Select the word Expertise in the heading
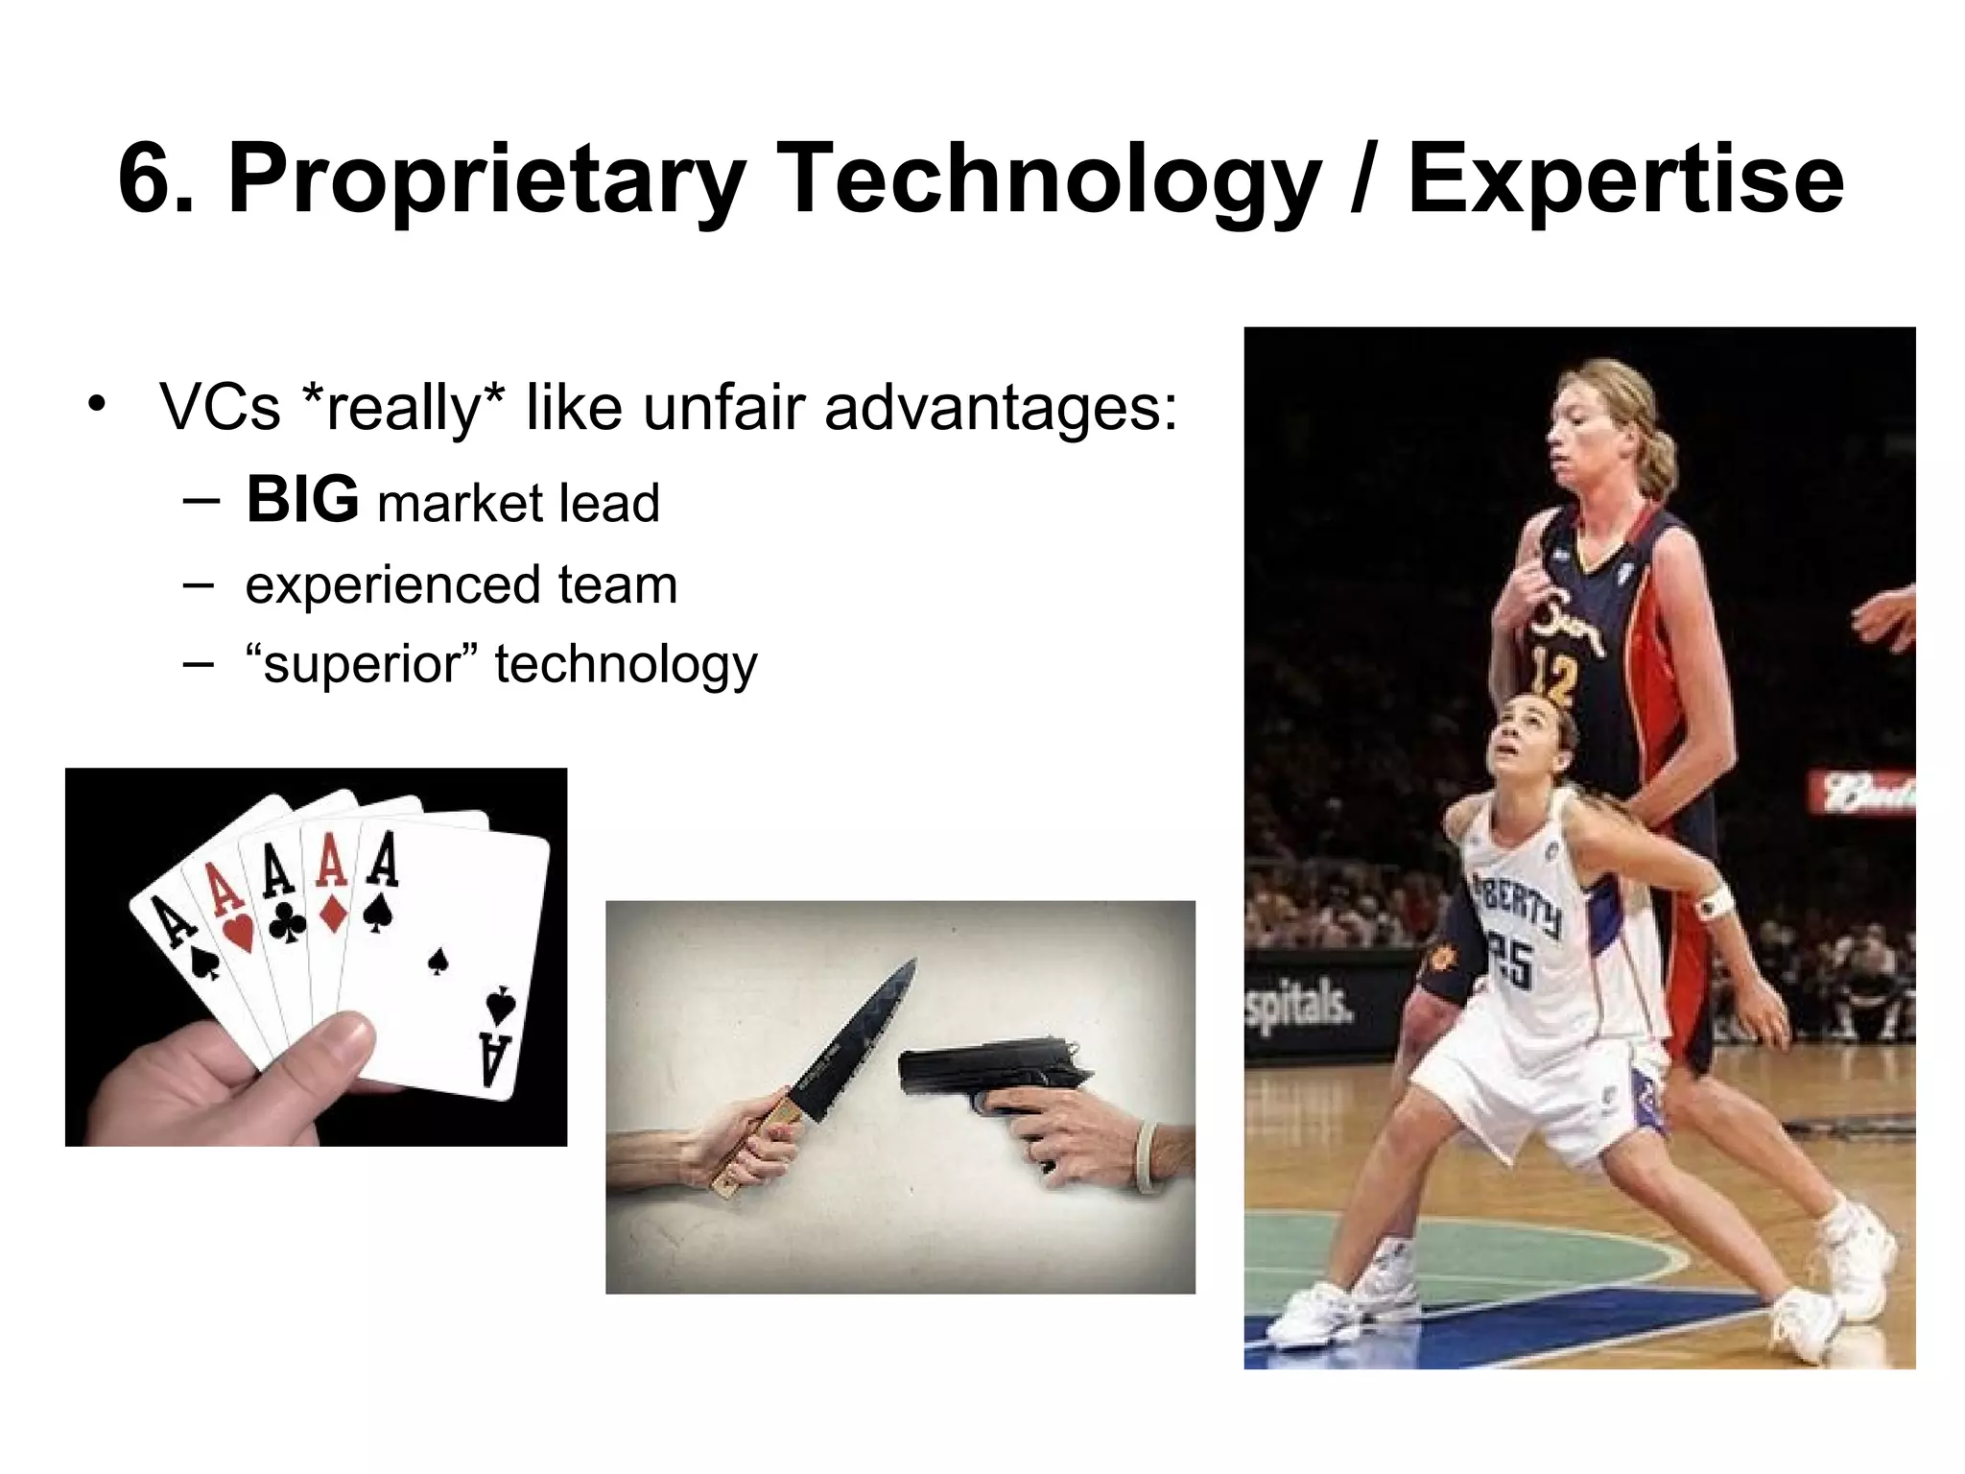[1624, 179]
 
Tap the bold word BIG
[302, 500]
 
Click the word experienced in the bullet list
[393, 584]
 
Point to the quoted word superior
[362, 664]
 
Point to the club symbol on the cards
[287, 923]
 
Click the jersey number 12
[1553, 677]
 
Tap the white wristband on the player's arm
[1715, 903]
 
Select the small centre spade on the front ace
[438, 961]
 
